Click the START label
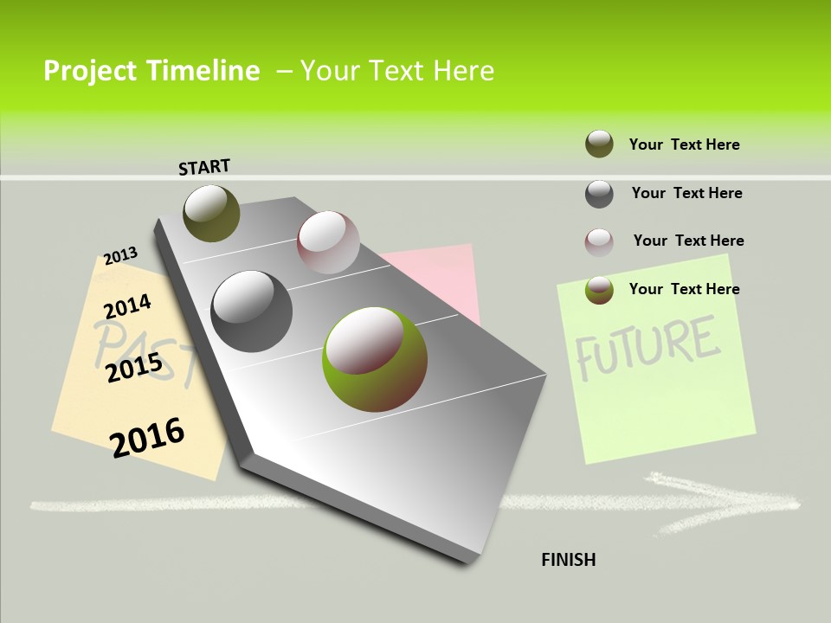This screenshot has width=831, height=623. click(204, 167)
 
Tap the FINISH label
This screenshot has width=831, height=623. click(568, 560)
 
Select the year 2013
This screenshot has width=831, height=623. click(120, 256)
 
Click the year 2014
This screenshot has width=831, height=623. click(127, 306)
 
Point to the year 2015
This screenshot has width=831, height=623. click(134, 367)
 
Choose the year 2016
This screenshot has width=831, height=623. click(147, 437)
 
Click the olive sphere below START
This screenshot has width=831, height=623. click(211, 213)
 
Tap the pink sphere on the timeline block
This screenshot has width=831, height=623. click(328, 242)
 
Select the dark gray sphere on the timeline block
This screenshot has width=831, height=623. click(251, 311)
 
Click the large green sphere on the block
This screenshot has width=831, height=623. click(374, 359)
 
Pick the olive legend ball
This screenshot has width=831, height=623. click(599, 144)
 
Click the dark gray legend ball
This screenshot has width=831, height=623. click(599, 194)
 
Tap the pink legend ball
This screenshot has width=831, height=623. click(599, 242)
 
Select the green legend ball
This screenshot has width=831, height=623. click(599, 290)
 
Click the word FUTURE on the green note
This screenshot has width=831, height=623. click(647, 346)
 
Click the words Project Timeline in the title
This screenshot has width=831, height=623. click(151, 71)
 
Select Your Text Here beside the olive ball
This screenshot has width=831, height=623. click(684, 145)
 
